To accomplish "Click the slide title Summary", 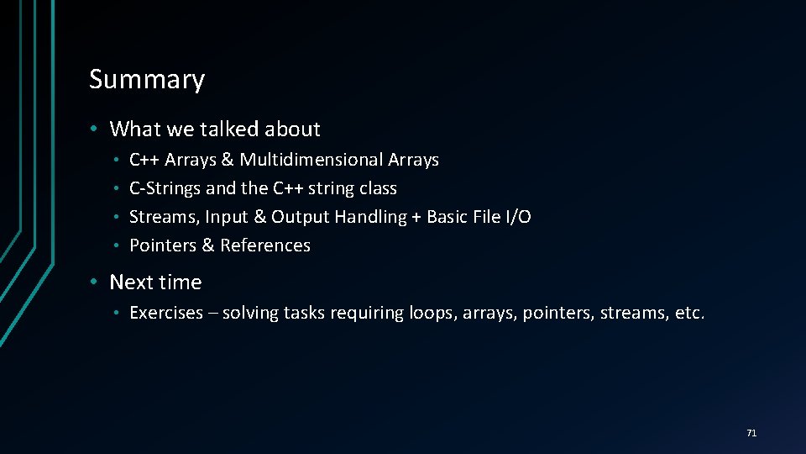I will [x=147, y=79].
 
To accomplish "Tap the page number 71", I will [x=751, y=433].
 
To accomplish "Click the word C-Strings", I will [x=165, y=188].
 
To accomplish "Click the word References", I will [x=265, y=245].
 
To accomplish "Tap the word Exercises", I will [x=166, y=314].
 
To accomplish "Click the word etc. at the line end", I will [x=689, y=314].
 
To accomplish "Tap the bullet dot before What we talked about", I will [x=97, y=129].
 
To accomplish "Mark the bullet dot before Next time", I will [x=97, y=282].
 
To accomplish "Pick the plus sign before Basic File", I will [x=416, y=217].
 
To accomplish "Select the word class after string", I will [x=378, y=188].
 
